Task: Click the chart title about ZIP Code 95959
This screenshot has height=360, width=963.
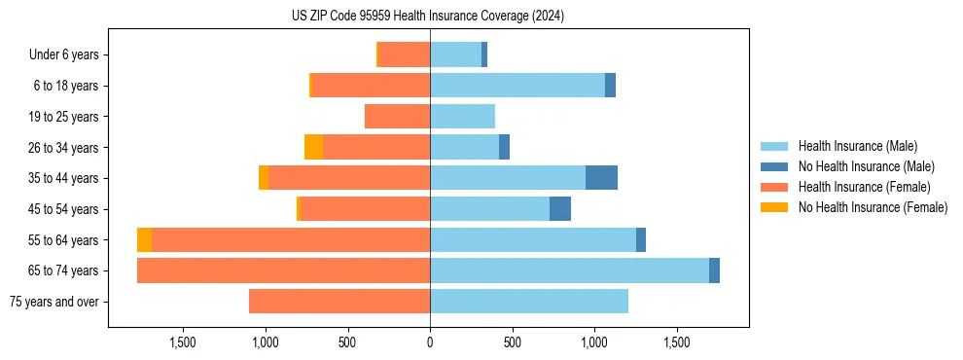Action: [428, 16]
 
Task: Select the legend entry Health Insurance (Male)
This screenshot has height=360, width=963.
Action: [857, 146]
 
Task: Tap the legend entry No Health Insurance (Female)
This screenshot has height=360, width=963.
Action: [873, 207]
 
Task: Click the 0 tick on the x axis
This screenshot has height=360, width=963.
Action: [430, 342]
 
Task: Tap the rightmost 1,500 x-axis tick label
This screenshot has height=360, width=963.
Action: [677, 342]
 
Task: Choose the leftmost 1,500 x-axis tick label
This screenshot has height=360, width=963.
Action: [183, 342]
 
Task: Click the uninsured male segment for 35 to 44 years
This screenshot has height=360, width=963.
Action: [601, 178]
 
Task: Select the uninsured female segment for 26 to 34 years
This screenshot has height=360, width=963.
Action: [313, 147]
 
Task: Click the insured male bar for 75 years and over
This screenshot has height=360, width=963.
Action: [529, 302]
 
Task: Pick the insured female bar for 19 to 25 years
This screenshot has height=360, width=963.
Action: [397, 117]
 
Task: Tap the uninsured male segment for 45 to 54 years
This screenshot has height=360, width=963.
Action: [560, 209]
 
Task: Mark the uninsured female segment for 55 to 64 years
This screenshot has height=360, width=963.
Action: [144, 239]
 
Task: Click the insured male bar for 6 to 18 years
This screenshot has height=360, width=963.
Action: [517, 86]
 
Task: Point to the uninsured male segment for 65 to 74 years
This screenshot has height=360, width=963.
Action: [714, 270]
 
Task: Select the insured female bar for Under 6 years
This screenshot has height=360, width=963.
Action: [404, 55]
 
